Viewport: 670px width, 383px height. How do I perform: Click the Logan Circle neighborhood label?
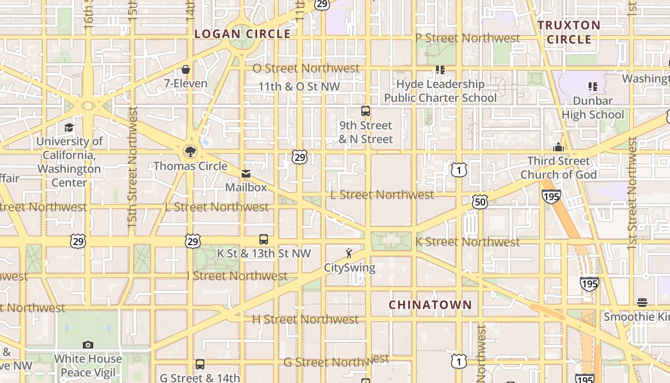(x=243, y=34)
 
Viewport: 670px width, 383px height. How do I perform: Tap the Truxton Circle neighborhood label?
(x=569, y=32)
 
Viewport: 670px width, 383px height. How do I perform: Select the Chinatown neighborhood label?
(x=430, y=305)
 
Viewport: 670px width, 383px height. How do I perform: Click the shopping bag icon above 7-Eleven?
(x=186, y=70)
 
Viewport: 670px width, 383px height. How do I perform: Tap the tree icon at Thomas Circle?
(x=190, y=152)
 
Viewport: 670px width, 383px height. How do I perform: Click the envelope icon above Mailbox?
(x=246, y=174)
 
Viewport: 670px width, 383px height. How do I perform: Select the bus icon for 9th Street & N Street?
(x=366, y=111)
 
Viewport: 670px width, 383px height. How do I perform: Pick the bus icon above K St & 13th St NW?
(x=263, y=239)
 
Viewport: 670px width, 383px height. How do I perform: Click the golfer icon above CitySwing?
(x=349, y=253)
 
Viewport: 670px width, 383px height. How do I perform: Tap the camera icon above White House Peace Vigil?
(x=88, y=345)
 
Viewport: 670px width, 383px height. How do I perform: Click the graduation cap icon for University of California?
(x=69, y=127)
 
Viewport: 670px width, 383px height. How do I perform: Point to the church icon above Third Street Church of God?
(x=558, y=147)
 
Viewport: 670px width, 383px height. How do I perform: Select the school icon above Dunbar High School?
(x=593, y=87)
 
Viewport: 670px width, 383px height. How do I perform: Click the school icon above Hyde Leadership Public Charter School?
(x=440, y=70)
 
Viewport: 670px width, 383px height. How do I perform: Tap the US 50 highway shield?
(x=480, y=202)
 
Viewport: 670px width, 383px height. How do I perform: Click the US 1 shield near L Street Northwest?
(x=458, y=169)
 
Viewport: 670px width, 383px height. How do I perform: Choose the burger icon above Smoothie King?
(x=642, y=303)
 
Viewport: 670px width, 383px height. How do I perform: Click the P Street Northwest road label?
(x=467, y=38)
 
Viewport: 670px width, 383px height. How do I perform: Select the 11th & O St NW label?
(x=299, y=87)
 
